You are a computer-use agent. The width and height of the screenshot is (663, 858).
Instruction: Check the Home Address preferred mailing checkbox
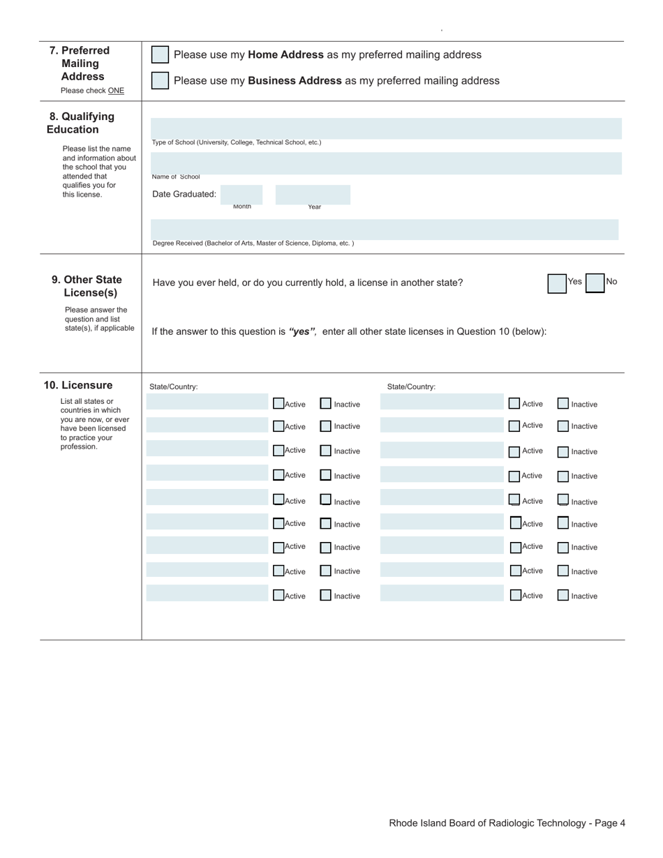point(160,55)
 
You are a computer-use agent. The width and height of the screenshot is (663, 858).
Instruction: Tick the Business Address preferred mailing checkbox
point(160,81)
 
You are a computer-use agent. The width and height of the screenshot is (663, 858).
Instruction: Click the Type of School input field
point(386,128)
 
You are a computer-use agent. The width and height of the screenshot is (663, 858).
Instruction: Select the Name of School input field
point(386,163)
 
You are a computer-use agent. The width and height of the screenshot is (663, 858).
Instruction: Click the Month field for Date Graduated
point(241,195)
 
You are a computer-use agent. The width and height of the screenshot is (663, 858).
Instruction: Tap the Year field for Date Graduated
point(313,195)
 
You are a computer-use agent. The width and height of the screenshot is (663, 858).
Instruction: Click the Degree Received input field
point(385,229)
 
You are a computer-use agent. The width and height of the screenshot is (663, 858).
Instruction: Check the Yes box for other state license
point(557,283)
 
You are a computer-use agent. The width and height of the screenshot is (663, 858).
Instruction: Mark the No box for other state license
point(595,283)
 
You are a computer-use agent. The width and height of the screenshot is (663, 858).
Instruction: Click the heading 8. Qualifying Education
point(81,123)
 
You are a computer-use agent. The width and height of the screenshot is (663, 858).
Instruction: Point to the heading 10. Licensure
point(78,385)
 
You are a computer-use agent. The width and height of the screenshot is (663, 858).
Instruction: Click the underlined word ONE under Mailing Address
point(116,91)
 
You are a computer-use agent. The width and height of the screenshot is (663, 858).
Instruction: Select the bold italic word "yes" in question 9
point(302,331)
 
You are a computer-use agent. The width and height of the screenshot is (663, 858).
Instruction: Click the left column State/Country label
point(173,387)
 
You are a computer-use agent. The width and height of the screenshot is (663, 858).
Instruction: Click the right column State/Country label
point(411,387)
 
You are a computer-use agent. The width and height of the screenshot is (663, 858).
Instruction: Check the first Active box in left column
point(278,403)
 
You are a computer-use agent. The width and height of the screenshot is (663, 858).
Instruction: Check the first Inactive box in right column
point(563,403)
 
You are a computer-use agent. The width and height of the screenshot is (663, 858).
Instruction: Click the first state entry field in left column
point(207,402)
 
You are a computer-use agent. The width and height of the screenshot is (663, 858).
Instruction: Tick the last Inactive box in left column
point(326,596)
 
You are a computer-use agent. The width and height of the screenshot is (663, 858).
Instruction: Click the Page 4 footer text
point(507,823)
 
